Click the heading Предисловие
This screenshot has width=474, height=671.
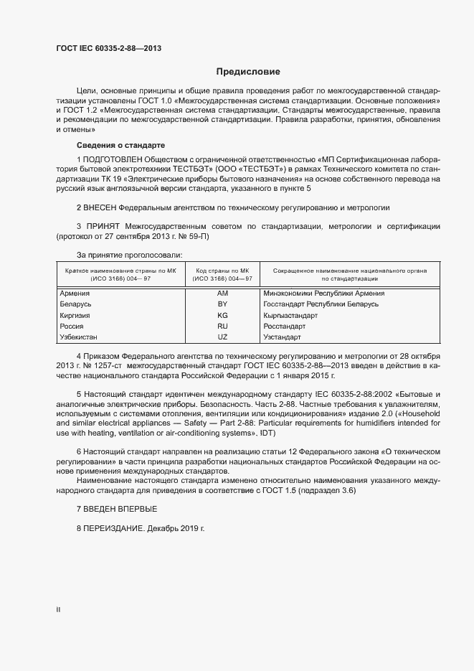pos(248,72)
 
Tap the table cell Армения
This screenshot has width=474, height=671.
pos(75,294)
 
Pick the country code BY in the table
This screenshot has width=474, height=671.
pos(222,304)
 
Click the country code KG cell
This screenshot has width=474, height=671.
pos(222,315)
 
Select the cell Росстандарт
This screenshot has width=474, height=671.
pos(287,326)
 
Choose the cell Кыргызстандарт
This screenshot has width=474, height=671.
pos(290,315)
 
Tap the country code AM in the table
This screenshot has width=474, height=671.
pos(222,294)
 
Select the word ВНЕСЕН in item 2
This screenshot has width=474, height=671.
pos(105,207)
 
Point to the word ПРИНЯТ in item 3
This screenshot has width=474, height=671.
pos(105,227)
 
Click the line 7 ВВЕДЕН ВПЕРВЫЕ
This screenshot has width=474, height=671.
pos(116,509)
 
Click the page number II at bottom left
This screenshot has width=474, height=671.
pos(58,610)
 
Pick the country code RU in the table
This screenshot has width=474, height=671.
pos(222,326)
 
